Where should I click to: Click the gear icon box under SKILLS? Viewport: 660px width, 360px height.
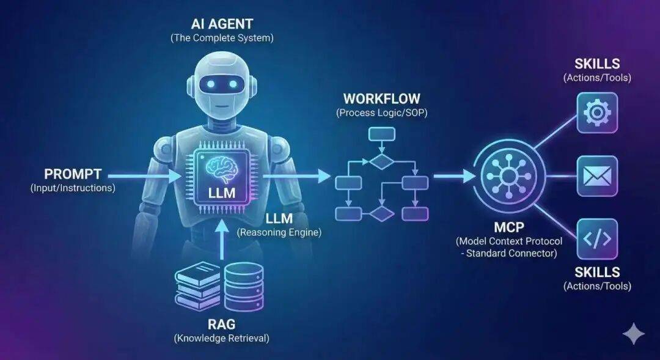point(597,112)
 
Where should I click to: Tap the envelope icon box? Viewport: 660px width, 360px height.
point(597,176)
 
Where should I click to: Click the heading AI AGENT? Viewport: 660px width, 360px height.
point(221,25)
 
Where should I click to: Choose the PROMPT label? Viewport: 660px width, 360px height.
point(73,174)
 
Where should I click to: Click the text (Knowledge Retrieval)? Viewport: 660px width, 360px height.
point(221,337)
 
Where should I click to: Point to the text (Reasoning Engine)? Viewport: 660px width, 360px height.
point(279,232)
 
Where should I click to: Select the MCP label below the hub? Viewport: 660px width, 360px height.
point(509,227)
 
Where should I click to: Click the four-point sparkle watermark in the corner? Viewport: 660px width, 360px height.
point(633,334)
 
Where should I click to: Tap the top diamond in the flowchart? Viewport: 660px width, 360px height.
point(381,161)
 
